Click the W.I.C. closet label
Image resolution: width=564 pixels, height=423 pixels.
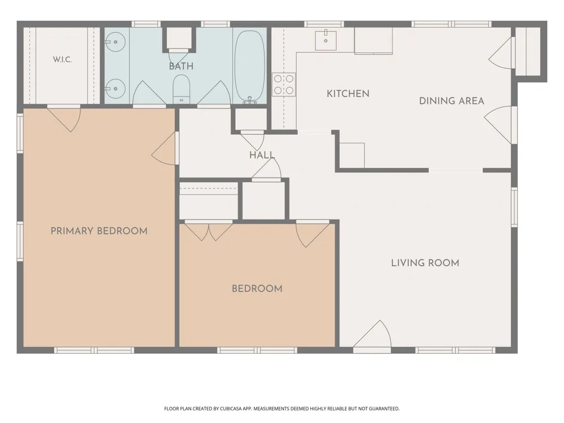pos(62,59)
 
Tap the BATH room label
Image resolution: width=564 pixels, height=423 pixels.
pos(181,66)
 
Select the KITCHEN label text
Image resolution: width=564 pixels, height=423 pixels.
pos(348,94)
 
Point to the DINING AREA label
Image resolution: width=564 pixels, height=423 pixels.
pos(451,101)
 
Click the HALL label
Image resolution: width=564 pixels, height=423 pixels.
pos(262,155)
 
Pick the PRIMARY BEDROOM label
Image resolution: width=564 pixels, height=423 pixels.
pos(99,231)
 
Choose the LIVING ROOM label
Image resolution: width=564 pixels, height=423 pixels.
pos(425,263)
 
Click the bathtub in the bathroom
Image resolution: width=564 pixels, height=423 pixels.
pos(250,66)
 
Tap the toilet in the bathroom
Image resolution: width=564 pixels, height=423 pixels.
pos(181,89)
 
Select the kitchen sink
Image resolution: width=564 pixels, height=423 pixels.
pos(325,41)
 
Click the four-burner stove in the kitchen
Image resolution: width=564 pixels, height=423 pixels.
pos(284,85)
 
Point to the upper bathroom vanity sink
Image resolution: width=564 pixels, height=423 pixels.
pos(115,42)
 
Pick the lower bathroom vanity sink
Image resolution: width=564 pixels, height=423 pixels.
pos(115,89)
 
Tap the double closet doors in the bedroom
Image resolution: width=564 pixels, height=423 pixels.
pos(208,231)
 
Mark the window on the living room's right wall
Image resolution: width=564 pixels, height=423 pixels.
pos(514,207)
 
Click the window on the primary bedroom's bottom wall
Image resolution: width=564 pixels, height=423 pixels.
pos(94,350)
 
